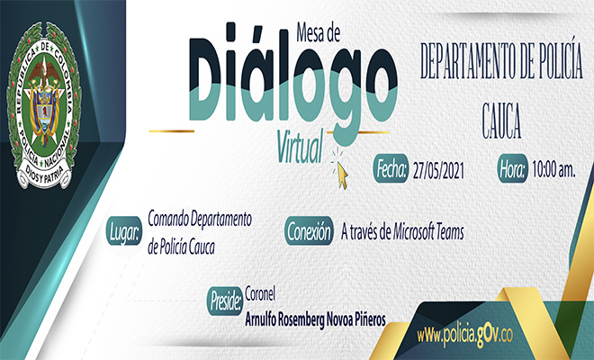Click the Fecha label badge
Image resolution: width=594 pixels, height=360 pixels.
point(391,168)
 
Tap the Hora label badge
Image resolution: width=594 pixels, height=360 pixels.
point(511,168)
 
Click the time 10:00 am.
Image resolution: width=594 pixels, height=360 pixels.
point(553,168)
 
